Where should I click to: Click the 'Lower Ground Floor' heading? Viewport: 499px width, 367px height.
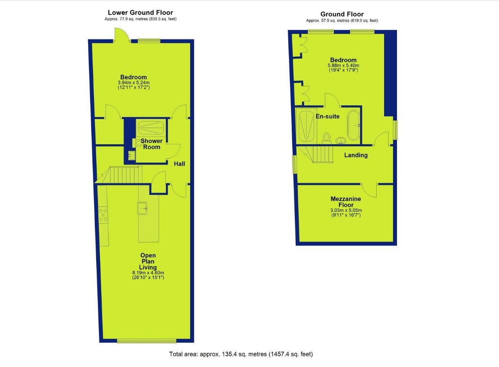(140, 13)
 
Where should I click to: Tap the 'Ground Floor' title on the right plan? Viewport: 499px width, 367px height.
(342, 14)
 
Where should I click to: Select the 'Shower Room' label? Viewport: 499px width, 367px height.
(151, 144)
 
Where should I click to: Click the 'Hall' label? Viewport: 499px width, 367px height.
(179, 164)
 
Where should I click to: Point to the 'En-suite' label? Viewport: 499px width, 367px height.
(327, 116)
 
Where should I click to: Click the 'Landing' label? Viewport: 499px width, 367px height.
(356, 155)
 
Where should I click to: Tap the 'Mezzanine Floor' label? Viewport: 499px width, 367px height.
(346, 202)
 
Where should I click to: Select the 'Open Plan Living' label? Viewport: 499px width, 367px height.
(148, 261)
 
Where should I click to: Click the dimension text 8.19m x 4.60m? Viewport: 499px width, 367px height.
(148, 273)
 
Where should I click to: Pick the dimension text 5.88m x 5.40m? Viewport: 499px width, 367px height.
(343, 66)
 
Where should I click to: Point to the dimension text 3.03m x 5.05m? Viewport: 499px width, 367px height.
(346, 210)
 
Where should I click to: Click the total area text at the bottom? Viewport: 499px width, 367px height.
(241, 354)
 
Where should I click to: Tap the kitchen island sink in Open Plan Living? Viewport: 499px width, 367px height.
(142, 208)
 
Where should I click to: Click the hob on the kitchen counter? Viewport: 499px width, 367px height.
(103, 215)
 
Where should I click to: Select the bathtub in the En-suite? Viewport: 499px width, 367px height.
(353, 125)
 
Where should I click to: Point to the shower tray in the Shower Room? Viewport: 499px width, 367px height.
(151, 127)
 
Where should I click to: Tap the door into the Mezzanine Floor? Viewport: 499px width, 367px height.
(370, 190)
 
